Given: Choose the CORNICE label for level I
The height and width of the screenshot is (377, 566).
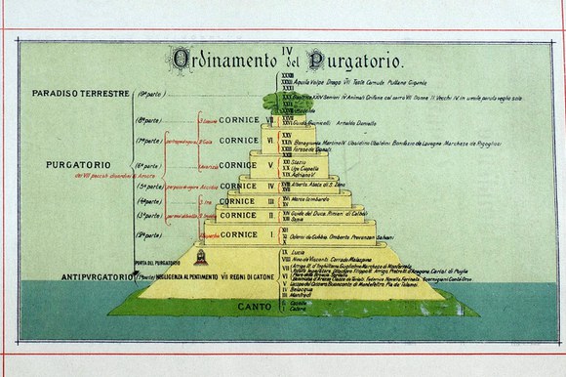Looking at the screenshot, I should (238, 234).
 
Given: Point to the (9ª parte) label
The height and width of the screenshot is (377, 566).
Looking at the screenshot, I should (147, 93).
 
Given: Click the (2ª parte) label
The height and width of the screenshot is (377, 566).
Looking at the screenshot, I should (147, 234).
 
